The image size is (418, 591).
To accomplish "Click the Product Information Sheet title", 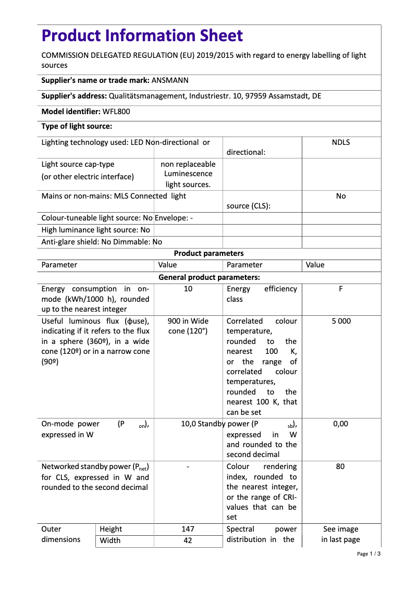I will point(142,35).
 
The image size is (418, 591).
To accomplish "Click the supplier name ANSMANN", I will point(170,81).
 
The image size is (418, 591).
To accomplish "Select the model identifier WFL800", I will point(117,112).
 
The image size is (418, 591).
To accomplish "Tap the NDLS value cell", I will point(341,142).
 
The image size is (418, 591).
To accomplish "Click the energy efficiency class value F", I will point(341,289).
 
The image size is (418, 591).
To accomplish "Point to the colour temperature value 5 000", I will point(341,321).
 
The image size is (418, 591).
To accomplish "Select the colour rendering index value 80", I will point(340,466).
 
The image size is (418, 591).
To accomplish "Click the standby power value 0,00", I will point(340,424).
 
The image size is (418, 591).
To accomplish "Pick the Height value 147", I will point(188,529).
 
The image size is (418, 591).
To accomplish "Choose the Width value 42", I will point(188,540).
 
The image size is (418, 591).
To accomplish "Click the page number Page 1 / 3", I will point(369,553).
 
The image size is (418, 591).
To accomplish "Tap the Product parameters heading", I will point(208,253).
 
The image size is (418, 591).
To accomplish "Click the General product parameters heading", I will point(208,277).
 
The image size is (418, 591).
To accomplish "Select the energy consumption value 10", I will point(188,289).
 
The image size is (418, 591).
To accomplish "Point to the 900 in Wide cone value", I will point(188,326).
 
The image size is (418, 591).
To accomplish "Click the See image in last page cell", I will point(340,534).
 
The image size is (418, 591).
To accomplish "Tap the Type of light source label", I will point(77,126).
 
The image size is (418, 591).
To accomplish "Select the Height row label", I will point(111,529).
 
